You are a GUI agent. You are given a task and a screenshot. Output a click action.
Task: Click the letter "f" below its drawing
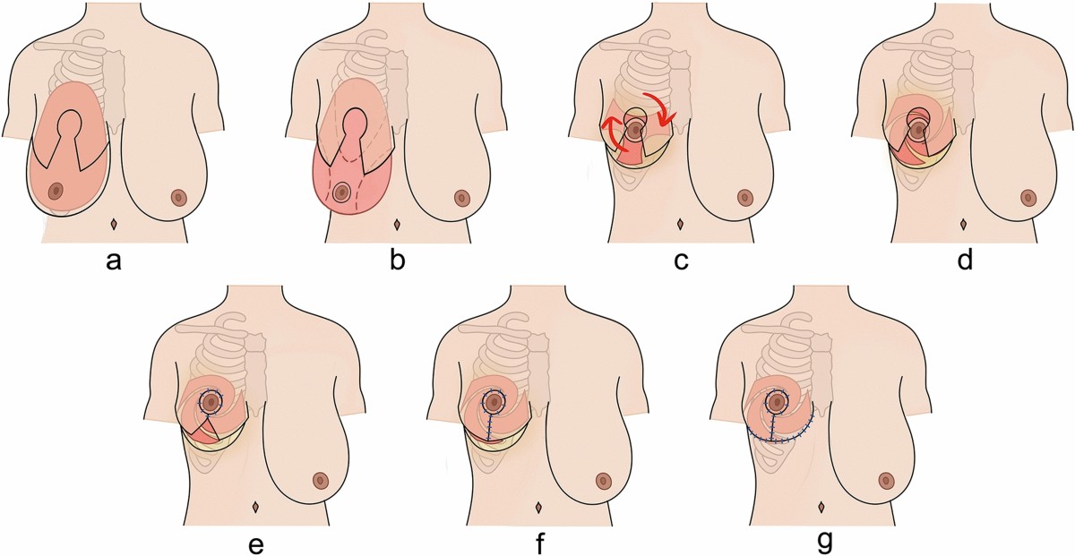(538, 542)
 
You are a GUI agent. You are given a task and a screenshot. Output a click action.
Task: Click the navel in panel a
(114, 222)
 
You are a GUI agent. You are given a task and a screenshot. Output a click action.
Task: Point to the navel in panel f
(538, 507)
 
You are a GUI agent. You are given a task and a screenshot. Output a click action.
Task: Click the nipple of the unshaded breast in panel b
(462, 197)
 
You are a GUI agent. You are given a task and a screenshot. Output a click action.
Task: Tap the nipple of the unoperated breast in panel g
(885, 480)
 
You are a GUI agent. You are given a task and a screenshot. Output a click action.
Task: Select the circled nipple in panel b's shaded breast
(341, 191)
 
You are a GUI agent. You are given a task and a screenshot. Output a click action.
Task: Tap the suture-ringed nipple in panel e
(211, 403)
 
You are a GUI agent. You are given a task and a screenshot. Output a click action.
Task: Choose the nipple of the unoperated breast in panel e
(321, 481)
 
